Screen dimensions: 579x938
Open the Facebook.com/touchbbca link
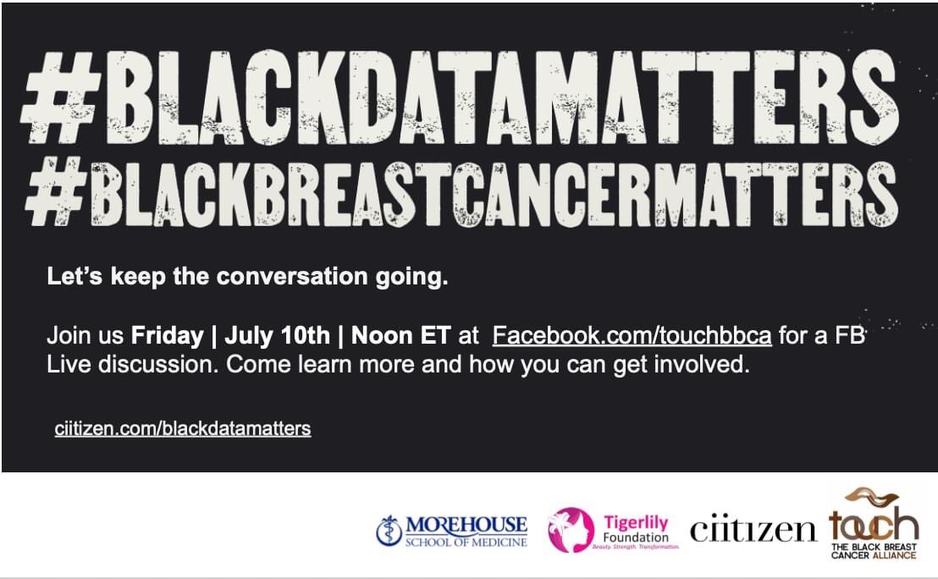[x=632, y=335]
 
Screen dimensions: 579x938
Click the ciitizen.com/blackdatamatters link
[x=182, y=428]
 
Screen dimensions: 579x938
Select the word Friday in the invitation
[x=167, y=335]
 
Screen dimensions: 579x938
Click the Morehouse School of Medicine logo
[x=452, y=531]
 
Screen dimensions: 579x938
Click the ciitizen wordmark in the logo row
[x=753, y=530]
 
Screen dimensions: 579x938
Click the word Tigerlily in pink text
[x=636, y=523]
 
